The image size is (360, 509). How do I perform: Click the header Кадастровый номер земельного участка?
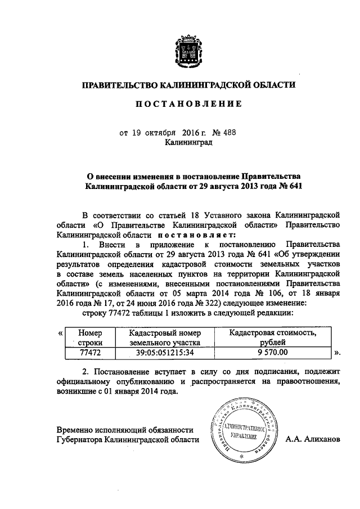[164, 338]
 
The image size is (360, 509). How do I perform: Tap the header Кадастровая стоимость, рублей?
[272, 338]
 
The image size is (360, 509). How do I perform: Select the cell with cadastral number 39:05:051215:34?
[164, 353]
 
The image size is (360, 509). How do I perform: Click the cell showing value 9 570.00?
[272, 353]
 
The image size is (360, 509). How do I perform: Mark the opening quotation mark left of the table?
[60, 334]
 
